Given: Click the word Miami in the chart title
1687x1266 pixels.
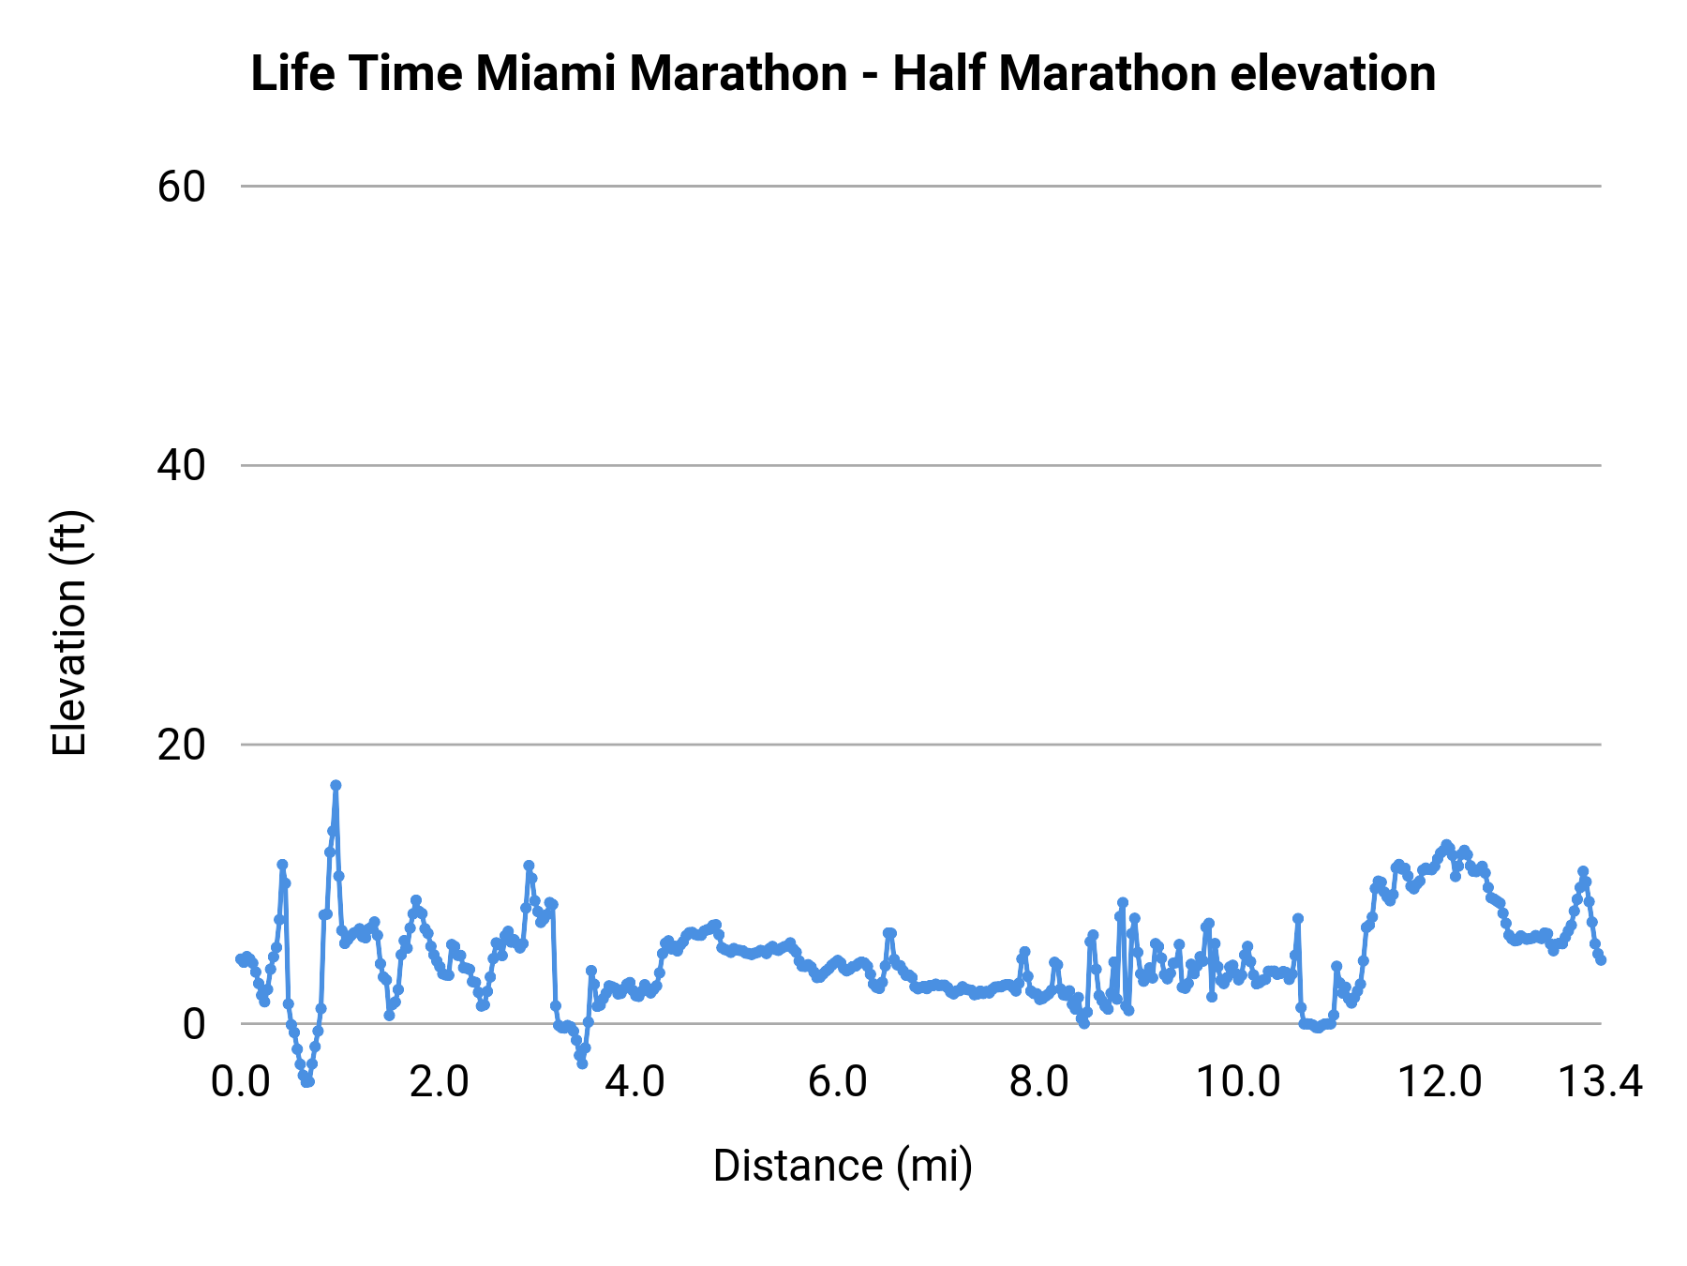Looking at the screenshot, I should tap(545, 73).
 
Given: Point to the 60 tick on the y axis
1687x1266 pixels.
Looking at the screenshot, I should tap(181, 187).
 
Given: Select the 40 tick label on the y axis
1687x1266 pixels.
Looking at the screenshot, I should tap(181, 465).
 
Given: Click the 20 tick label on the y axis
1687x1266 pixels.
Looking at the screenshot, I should tap(181, 745).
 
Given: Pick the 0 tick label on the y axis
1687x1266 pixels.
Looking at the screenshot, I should tap(193, 1023).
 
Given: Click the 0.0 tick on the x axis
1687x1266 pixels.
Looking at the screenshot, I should tap(241, 1082).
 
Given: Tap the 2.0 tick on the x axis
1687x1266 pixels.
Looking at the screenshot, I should tap(440, 1082).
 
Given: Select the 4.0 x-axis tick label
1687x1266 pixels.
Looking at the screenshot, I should tap(635, 1082).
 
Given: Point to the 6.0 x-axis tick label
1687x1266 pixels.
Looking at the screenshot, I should tap(837, 1082).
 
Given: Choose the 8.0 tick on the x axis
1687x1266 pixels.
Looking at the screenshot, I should tap(1038, 1082).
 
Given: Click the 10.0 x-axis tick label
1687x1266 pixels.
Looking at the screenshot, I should tap(1239, 1082).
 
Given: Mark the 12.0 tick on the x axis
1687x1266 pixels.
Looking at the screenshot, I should tap(1440, 1082).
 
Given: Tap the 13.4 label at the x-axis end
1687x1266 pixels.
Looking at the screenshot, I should tap(1599, 1082).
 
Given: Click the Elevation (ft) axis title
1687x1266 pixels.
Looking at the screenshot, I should tap(69, 633).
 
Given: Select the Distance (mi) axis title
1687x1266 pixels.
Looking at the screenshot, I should tap(843, 1166).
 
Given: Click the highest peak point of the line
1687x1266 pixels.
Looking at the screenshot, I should tap(336, 785).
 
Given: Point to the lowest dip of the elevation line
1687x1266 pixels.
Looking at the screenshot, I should tap(306, 1082).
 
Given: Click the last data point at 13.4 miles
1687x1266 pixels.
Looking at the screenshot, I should tap(1601, 960).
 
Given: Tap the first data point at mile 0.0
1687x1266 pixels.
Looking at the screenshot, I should tap(241, 958).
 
